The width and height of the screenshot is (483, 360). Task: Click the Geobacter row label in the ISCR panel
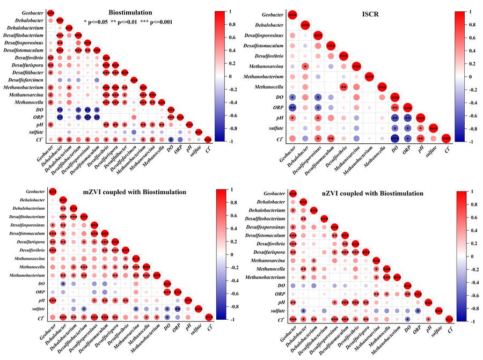click(272, 16)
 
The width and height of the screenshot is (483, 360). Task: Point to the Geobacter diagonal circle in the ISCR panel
click(292, 16)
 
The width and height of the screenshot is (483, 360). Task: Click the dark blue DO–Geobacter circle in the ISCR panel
click(292, 97)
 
